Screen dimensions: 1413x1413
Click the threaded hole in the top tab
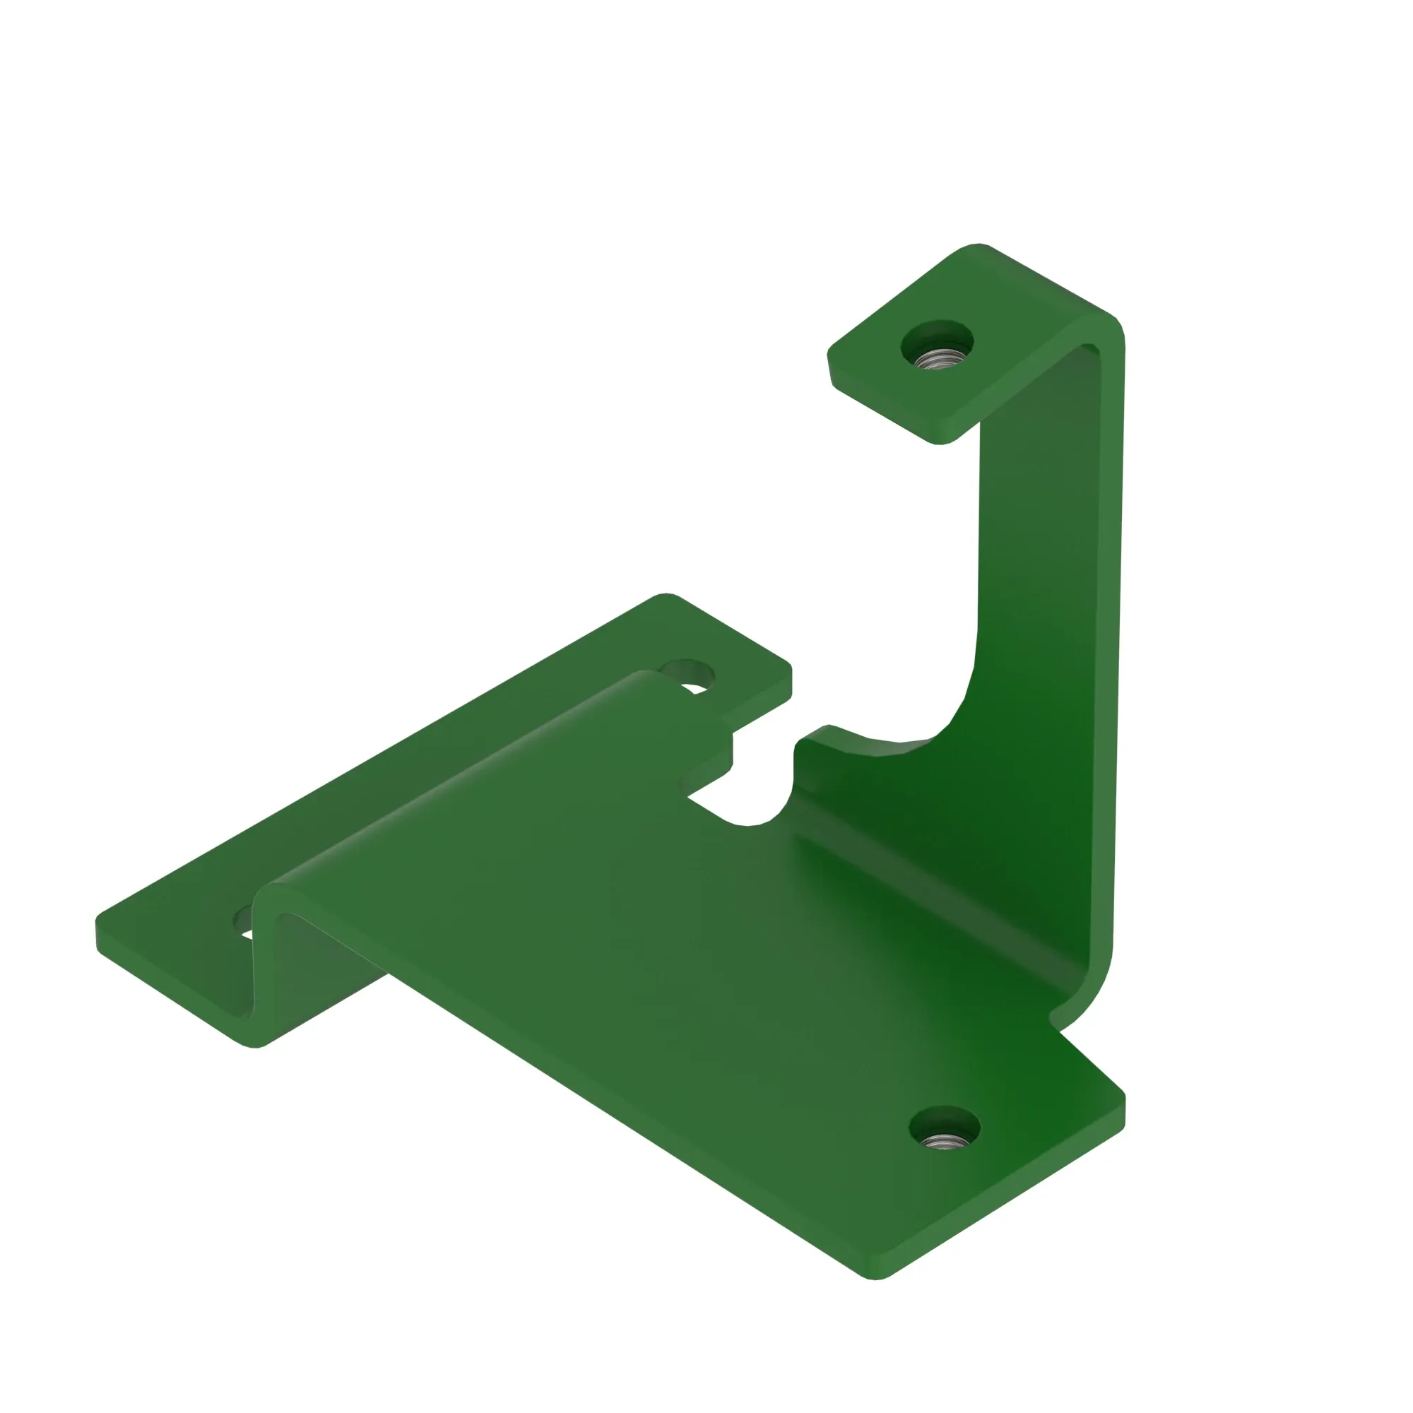point(938,357)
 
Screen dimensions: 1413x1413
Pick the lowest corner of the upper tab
point(940,442)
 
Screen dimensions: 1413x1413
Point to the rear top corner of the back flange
point(666,596)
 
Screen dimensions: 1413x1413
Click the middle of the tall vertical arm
point(1039,585)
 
